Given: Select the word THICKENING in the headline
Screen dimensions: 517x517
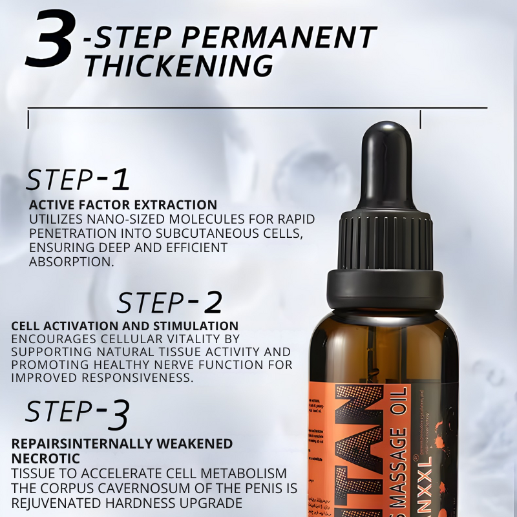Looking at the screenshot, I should pyautogui.click(x=178, y=66).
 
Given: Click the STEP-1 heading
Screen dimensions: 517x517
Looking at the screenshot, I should pyautogui.click(x=78, y=180).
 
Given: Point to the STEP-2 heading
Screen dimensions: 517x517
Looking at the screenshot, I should pyautogui.click(x=169, y=302).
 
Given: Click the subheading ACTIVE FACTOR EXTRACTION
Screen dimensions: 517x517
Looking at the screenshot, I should pyautogui.click(x=123, y=205).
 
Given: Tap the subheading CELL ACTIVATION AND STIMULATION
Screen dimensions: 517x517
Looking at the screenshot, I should pyautogui.click(x=125, y=326).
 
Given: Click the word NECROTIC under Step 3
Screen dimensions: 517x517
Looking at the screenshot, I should pyautogui.click(x=46, y=458).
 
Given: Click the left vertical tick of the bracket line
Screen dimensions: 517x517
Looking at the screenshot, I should pyautogui.click(x=28, y=118).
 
